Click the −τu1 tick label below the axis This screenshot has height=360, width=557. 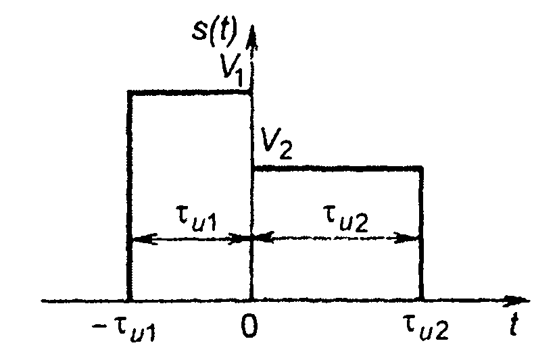click(x=128, y=331)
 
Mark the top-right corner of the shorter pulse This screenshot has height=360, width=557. click(x=421, y=167)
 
